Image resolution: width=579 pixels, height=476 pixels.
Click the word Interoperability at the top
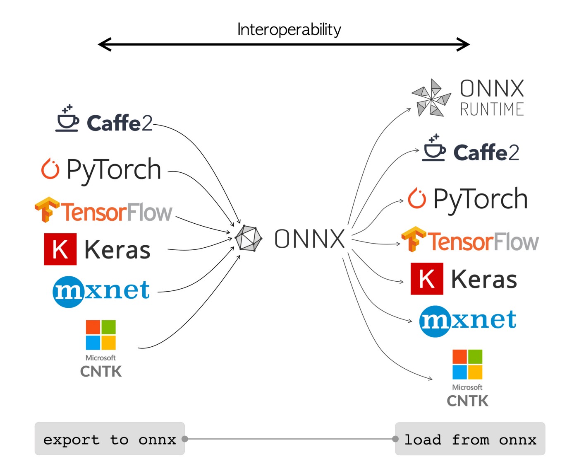pos(289,29)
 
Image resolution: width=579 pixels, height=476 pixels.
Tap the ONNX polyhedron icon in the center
pos(248,239)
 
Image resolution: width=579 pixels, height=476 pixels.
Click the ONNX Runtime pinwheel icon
pos(431,98)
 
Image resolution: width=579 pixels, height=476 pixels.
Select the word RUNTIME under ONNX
pos(492,109)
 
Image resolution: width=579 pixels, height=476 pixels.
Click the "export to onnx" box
pos(110,439)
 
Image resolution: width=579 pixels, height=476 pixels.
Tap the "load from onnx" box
pos(470,439)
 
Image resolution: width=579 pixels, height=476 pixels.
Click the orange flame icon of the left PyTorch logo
pos(50,169)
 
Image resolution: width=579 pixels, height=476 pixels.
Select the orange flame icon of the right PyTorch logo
pos(417,198)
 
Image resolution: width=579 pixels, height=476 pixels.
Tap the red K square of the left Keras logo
pos(60,249)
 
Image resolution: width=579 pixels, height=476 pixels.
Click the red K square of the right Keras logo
pos(427,278)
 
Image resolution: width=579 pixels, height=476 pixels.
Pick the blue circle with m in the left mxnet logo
pos(68,292)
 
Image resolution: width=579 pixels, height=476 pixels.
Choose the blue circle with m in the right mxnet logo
pos(435,321)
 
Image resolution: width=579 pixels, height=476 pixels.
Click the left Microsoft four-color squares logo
pos(100,335)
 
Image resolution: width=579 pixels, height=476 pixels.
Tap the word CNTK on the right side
pos(467,401)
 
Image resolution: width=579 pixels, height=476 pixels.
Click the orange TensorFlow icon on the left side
pos(47,209)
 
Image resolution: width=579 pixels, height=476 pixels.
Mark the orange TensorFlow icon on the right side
pos(413,239)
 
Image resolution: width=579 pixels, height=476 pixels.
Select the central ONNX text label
pos(310,239)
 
